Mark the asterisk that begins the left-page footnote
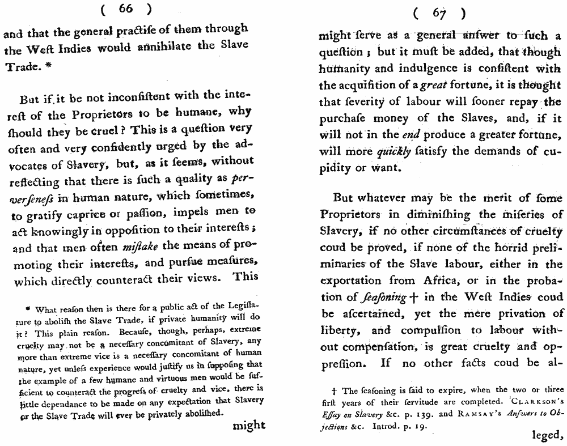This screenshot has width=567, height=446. (28, 309)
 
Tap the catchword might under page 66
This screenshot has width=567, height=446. (249, 426)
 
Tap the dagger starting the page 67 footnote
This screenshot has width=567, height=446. (336, 390)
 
